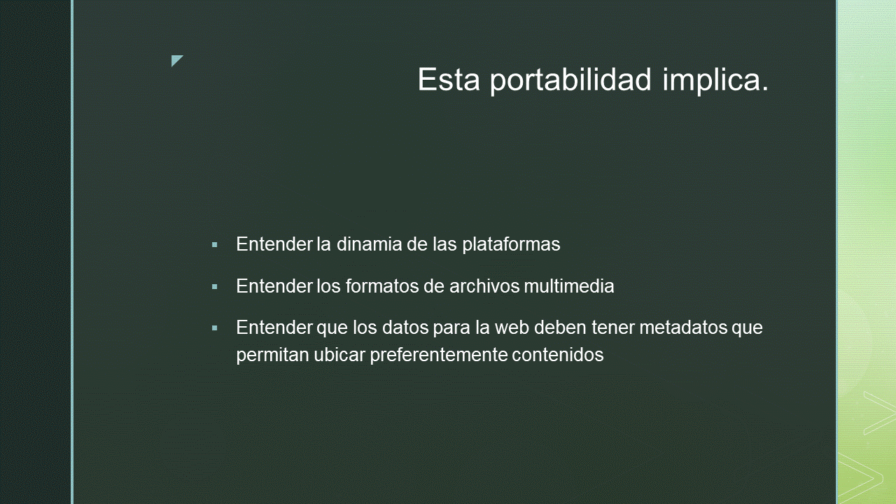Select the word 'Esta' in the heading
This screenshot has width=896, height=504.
[449, 79]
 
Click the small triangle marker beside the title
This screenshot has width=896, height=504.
[177, 60]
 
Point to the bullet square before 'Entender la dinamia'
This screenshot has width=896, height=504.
[215, 244]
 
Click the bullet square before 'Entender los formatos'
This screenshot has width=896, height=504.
[215, 286]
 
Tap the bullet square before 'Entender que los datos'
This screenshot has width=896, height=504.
[215, 328]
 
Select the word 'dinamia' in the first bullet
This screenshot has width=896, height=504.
[369, 244]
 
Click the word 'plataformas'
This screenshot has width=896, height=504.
[511, 245]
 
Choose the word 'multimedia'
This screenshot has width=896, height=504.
[569, 286]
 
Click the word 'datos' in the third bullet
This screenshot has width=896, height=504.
[405, 328]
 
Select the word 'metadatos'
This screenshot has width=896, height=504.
[683, 328]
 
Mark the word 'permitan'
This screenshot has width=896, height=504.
[272, 356]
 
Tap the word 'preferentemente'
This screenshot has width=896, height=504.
[438, 356]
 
